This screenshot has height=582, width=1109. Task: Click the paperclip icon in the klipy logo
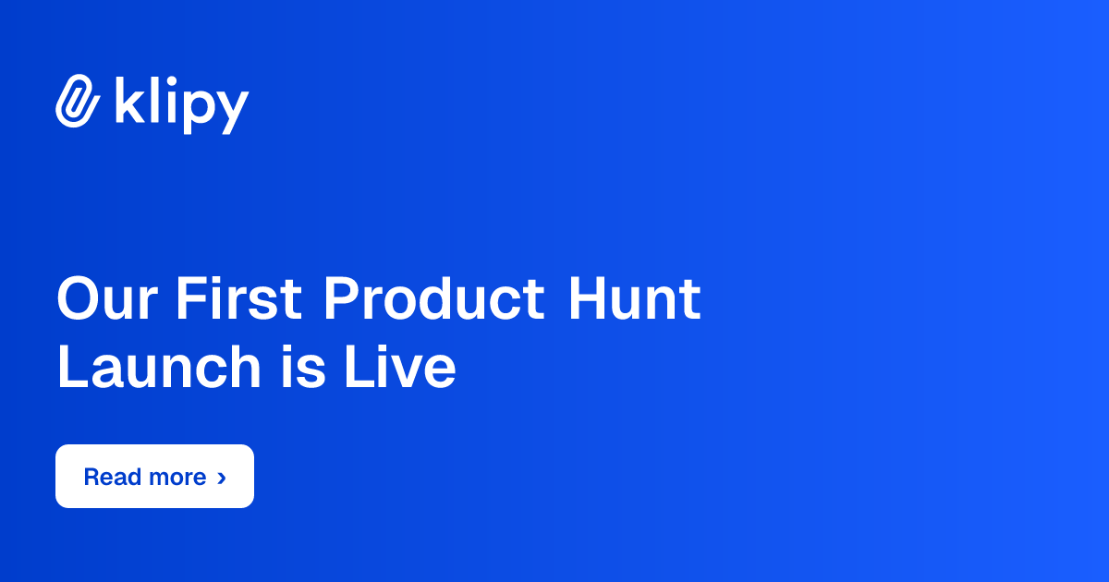pyautogui.click(x=78, y=101)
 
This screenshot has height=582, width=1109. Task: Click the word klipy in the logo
pyautogui.click(x=181, y=103)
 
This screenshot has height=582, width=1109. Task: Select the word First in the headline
pyautogui.click(x=238, y=299)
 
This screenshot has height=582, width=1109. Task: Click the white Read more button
pyautogui.click(x=154, y=477)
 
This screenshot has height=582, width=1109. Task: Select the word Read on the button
pyautogui.click(x=111, y=478)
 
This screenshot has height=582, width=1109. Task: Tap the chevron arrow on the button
pyautogui.click(x=221, y=478)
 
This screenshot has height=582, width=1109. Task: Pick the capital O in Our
pyautogui.click(x=79, y=299)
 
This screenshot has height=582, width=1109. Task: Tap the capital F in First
pyautogui.click(x=189, y=299)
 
